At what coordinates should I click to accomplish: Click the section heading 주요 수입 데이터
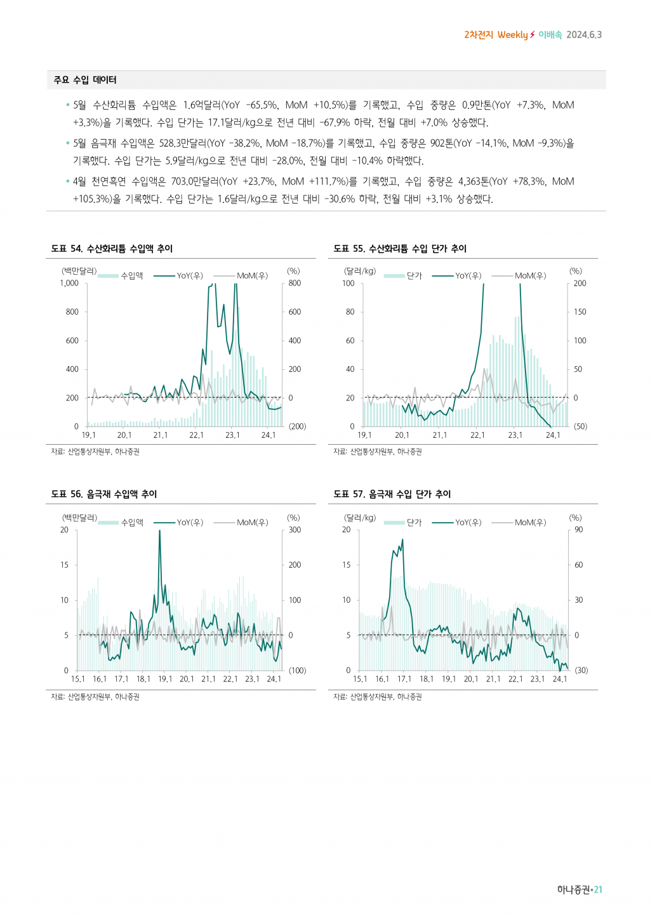point(85,80)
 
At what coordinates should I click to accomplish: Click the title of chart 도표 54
point(112,249)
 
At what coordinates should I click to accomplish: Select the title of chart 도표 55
point(400,249)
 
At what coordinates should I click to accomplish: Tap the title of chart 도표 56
point(104,494)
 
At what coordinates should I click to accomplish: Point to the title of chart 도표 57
point(392,494)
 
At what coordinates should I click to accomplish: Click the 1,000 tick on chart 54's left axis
point(69,284)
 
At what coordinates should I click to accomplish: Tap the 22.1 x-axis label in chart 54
point(197,435)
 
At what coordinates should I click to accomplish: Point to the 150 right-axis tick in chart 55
point(580,312)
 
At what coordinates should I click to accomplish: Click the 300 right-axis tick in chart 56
point(295,530)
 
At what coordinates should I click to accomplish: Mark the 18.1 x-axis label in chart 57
point(427,679)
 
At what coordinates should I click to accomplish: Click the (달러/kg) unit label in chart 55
point(360,271)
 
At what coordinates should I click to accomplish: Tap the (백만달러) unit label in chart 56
point(79,518)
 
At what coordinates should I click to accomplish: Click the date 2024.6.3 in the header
point(584,35)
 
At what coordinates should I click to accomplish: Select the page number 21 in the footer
point(598,890)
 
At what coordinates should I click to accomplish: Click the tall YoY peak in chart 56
point(159,532)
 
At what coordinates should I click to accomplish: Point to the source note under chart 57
point(378,697)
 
